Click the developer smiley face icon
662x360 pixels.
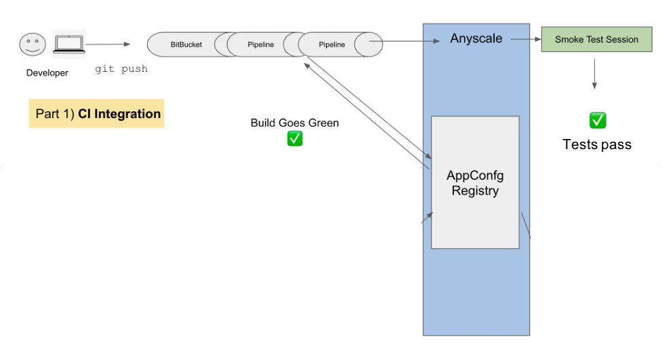(33, 45)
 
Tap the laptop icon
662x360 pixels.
(68, 45)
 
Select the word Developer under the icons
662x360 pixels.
(47, 73)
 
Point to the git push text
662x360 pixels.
(121, 69)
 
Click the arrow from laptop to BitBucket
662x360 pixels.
(108, 45)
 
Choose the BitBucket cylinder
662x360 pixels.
(186, 45)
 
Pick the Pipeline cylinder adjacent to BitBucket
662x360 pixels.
(260, 45)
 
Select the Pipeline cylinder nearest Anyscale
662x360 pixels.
(332, 45)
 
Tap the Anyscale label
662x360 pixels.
(476, 39)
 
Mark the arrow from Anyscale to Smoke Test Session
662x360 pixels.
(525, 39)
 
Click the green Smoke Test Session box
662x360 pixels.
(596, 39)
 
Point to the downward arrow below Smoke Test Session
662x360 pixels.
(595, 74)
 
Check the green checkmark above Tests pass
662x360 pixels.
(597, 121)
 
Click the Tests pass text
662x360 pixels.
(597, 144)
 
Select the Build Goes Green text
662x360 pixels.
(295, 123)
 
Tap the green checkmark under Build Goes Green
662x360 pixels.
(295, 138)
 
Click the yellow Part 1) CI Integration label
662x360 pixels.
(97, 114)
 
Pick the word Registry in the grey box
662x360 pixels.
(475, 191)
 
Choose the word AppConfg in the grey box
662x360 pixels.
(475, 176)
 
